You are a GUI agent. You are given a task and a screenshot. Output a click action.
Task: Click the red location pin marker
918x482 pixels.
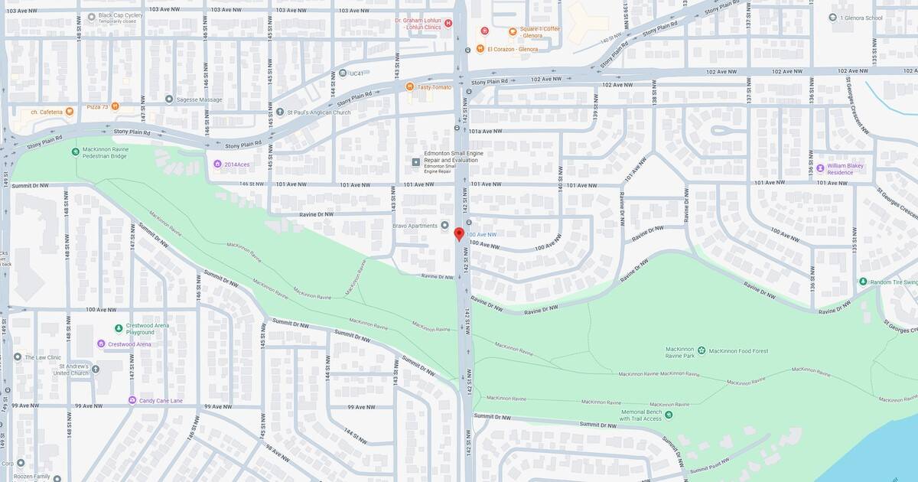click(x=459, y=233)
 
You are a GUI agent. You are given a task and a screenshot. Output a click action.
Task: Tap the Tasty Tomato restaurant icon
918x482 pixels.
click(x=410, y=86)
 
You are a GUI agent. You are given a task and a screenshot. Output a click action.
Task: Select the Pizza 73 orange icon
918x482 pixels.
click(x=115, y=106)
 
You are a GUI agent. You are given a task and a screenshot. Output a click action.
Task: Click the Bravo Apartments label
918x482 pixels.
click(x=416, y=225)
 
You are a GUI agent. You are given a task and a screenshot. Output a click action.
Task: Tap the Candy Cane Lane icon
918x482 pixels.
click(x=132, y=400)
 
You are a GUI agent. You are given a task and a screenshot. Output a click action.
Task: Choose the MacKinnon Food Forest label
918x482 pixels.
click(x=738, y=351)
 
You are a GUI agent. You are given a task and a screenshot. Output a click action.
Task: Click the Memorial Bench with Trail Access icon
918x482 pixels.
click(x=669, y=415)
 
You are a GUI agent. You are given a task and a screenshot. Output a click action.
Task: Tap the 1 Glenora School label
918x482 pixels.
click(x=861, y=18)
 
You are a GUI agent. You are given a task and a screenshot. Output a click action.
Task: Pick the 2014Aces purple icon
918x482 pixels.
click(x=217, y=164)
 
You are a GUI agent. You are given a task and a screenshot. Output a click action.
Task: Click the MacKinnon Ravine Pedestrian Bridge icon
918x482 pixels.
click(x=76, y=151)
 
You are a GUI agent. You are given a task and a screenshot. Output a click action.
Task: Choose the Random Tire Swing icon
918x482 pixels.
click(x=863, y=282)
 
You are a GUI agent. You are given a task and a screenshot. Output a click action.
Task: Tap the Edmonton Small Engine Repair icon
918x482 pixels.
click(x=416, y=161)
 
